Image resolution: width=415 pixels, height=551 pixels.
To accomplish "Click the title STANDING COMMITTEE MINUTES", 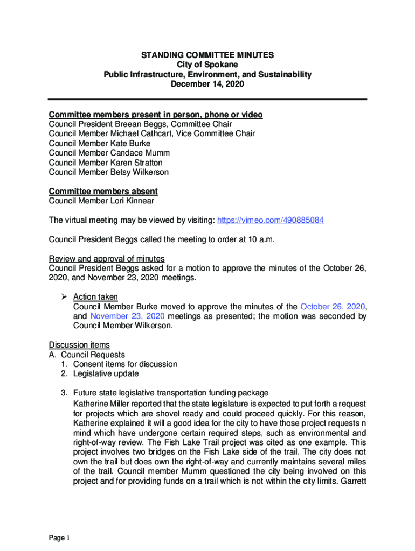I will (x=207, y=55).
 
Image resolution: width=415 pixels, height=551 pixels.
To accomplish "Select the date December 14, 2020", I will (x=207, y=84).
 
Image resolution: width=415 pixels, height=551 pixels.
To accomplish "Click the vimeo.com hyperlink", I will (x=270, y=221).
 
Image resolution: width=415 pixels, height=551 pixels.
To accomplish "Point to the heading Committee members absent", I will (x=103, y=192).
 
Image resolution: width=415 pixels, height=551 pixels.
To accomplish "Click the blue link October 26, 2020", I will (x=333, y=307).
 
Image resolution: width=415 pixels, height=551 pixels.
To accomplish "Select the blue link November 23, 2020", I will (x=128, y=317).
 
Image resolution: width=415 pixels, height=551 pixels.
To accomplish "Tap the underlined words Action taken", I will (x=95, y=298).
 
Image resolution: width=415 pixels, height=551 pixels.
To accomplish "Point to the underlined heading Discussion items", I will (x=79, y=345).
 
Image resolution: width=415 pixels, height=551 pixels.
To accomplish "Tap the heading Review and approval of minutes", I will (x=107, y=259).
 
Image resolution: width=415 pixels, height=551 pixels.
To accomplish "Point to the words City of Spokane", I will (x=207, y=65).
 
